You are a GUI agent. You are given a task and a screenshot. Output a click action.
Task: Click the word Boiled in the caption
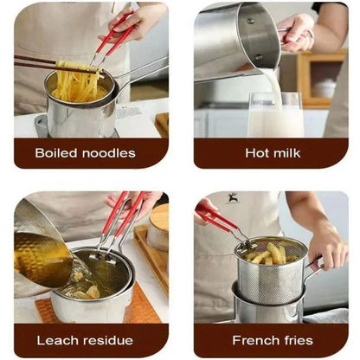pos(58,153)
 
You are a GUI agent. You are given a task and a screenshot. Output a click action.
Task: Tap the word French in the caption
pos(247,341)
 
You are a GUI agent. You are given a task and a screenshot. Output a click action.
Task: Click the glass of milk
pos(275,114)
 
